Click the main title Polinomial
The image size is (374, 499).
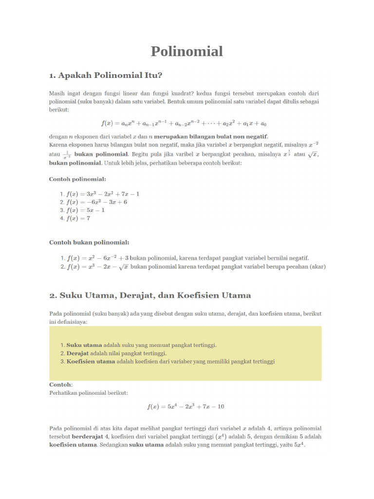tap(187, 51)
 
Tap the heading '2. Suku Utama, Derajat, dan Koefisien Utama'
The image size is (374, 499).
tap(150, 295)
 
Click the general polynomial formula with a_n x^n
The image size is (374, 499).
tap(184, 123)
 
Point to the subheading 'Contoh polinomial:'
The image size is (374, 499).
tap(77, 179)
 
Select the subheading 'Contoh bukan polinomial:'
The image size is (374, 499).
tap(89, 242)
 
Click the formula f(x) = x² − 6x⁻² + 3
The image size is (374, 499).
tap(98, 258)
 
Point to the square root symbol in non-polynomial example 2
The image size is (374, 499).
tap(124, 267)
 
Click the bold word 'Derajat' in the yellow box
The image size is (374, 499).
tap(78, 353)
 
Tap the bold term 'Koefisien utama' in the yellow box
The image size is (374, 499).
tap(91, 362)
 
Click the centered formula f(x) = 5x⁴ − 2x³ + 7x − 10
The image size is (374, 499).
tap(186, 406)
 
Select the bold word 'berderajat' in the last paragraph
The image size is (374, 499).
tap(88, 437)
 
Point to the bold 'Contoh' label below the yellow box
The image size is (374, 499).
tap(60, 384)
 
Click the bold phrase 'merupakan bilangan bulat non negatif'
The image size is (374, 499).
tap(211, 136)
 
